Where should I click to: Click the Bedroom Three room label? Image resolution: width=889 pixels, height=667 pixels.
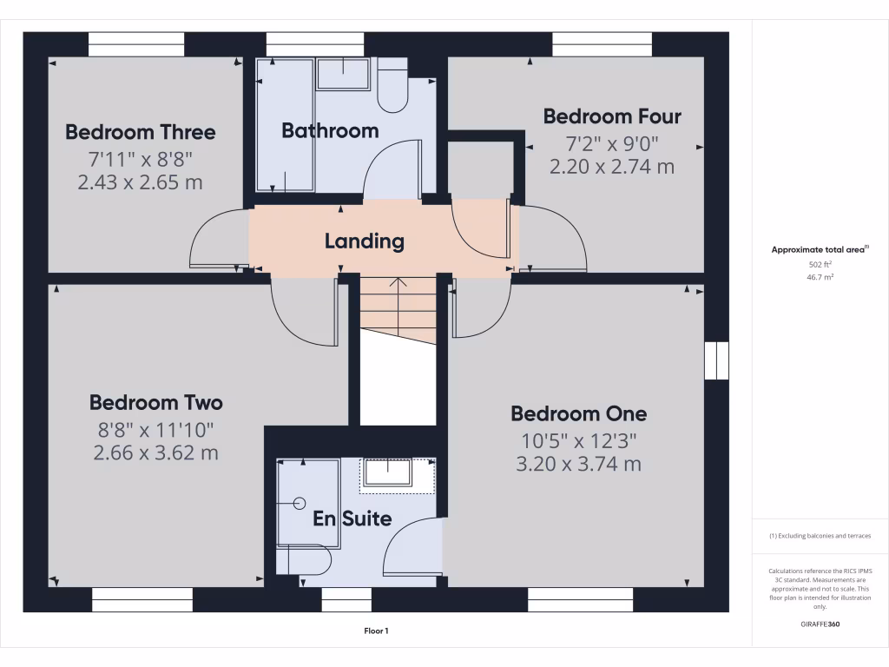coord(141,133)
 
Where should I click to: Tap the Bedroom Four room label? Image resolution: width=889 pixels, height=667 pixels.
coord(612,116)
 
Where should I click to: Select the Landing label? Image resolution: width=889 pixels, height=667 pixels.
coord(365,241)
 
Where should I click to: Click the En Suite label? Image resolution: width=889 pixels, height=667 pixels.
coord(352,519)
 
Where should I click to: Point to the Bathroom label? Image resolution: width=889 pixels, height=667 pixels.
coord(330,131)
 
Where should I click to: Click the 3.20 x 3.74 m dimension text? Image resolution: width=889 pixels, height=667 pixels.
coord(578,465)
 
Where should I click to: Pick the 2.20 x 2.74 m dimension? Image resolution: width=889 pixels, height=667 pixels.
coord(612,167)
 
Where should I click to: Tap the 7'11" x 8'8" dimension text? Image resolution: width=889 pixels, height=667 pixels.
coord(140,158)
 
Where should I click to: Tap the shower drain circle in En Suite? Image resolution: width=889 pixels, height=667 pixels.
coord(300,503)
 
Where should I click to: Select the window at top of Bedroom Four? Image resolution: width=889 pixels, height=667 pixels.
coord(602,44)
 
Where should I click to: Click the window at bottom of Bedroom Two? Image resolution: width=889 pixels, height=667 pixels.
coord(142,599)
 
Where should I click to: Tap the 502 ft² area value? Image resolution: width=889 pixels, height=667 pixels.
coord(820,265)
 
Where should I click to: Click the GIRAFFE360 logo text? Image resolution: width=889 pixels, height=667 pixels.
coord(820,624)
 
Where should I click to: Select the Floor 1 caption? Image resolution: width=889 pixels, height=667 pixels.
coord(376,631)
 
